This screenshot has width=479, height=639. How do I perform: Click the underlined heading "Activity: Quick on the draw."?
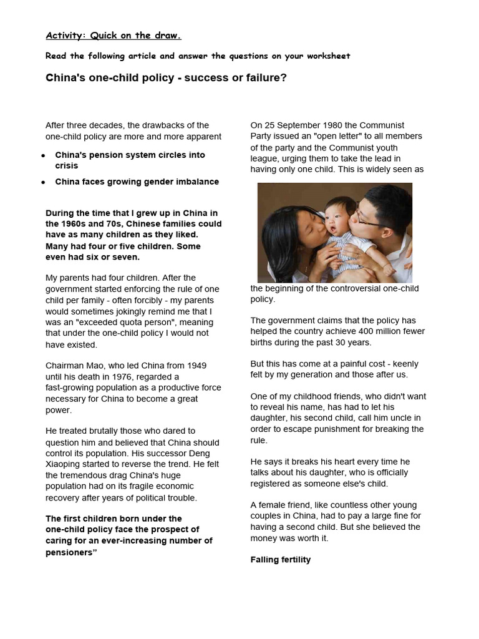pyautogui.click(x=114, y=36)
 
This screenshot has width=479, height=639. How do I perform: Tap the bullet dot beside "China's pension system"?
pyautogui.click(x=43, y=155)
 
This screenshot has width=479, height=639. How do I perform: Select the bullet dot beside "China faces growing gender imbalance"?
pyautogui.click(x=43, y=182)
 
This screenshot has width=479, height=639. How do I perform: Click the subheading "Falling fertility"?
pyautogui.click(x=280, y=560)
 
